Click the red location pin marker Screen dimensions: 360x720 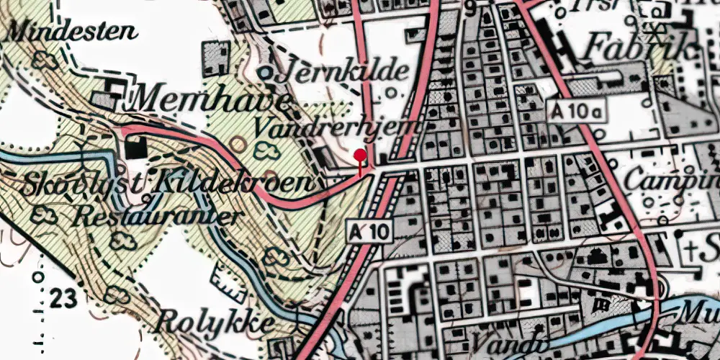pyautogui.click(x=360, y=154)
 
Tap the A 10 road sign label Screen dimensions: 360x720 pyautogui.click(x=369, y=231)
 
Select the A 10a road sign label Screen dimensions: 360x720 pyautogui.click(x=578, y=111)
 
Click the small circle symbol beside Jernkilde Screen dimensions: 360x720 pyautogui.click(x=266, y=72)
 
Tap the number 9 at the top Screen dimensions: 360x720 pyautogui.click(x=471, y=9)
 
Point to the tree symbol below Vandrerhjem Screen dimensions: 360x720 pyautogui.click(x=269, y=149)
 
